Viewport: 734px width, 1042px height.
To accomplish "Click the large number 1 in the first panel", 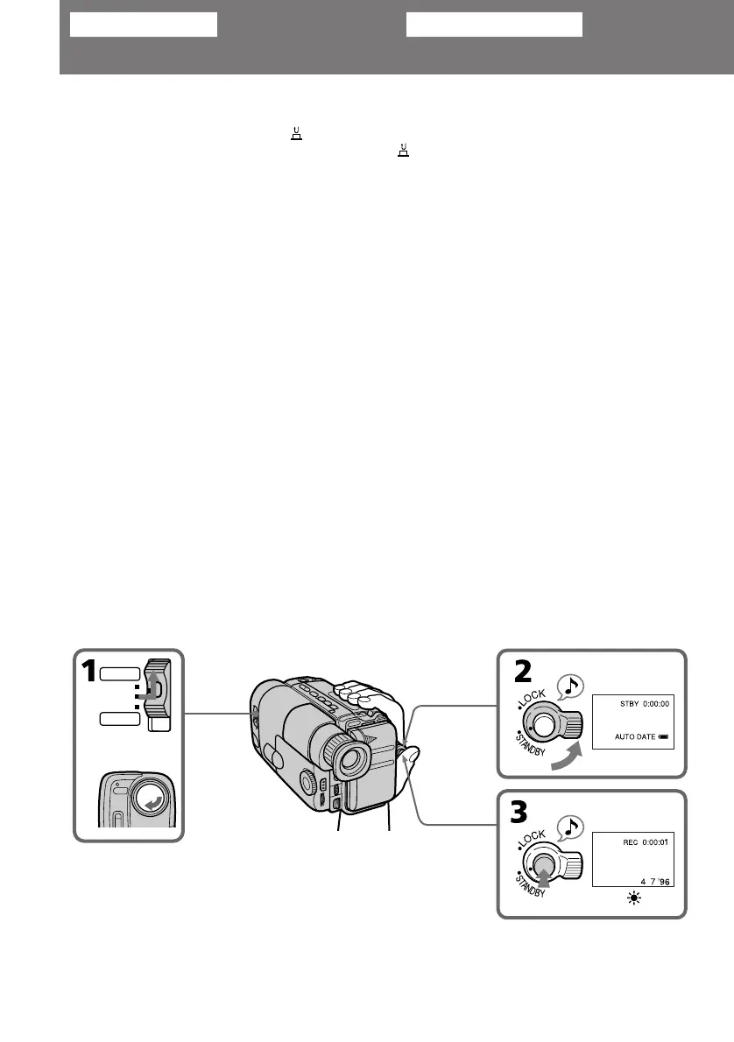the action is click(88, 676).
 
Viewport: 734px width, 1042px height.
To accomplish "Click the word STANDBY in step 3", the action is click(533, 886).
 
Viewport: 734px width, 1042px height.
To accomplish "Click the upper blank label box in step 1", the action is click(120, 674).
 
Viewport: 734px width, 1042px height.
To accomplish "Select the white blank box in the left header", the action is click(143, 25).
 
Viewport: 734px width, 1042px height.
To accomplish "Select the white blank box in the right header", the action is click(494, 25).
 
